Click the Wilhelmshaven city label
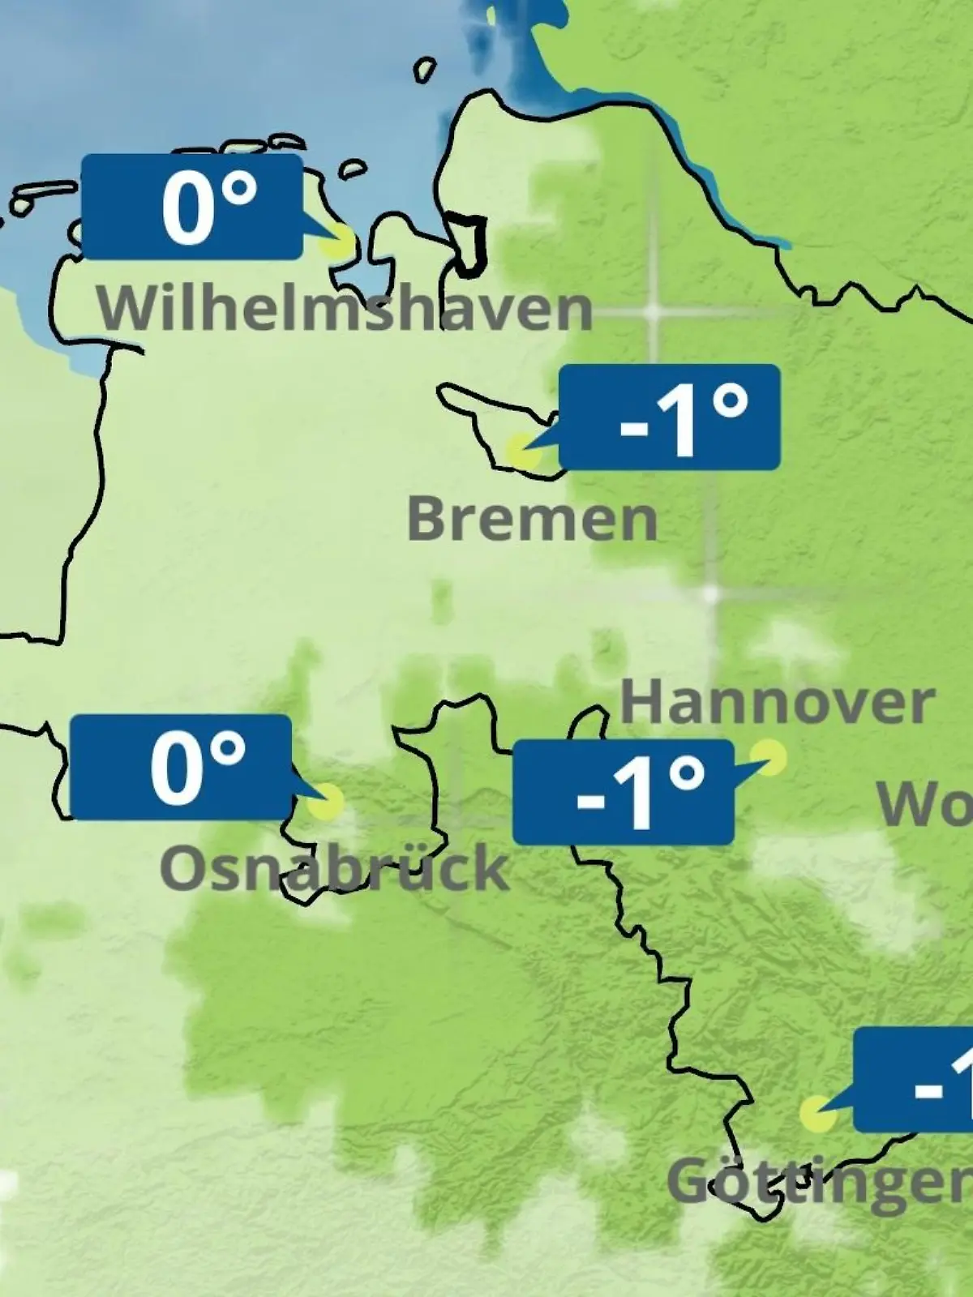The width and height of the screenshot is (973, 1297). coord(345,308)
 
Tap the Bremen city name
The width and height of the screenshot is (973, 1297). coord(532,520)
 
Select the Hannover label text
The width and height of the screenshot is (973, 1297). coord(777,704)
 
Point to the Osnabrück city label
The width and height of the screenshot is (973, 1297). coord(334,868)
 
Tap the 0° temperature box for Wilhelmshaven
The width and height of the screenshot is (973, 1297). coord(192,208)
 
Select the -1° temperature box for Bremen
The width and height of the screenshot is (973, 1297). coord(670,417)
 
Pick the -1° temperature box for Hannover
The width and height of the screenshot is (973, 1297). coord(623,792)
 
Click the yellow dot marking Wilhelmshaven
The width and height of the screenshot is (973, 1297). coord(337,242)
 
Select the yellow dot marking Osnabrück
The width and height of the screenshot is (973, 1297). coord(326,802)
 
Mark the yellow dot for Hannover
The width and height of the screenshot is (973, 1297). coord(768,757)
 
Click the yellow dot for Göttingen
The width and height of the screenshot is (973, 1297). coord(817,1115)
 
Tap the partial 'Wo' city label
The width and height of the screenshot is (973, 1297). coord(924,804)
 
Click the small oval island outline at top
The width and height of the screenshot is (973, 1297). coord(424,70)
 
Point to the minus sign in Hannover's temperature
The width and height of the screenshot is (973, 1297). coord(590,801)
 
